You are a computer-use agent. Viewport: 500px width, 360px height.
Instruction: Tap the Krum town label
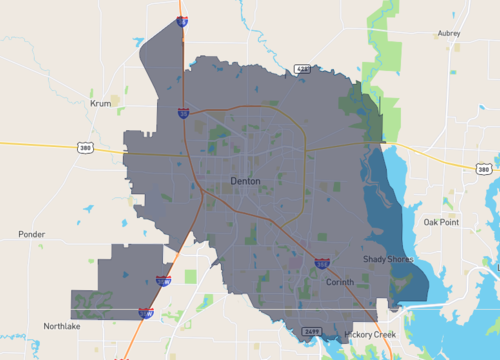click(x=100, y=103)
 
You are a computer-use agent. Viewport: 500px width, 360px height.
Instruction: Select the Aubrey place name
click(x=449, y=33)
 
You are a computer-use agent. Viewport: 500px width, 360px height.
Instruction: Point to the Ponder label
click(x=31, y=234)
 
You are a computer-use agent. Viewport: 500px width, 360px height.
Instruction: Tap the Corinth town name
click(x=340, y=282)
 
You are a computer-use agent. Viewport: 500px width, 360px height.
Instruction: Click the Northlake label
click(x=61, y=326)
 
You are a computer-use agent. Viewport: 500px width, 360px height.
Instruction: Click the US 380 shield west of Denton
click(x=85, y=147)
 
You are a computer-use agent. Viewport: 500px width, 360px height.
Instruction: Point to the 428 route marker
click(x=302, y=69)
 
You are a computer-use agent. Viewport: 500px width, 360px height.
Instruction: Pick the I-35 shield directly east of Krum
click(x=183, y=114)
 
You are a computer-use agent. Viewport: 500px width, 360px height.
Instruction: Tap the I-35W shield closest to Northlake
click(x=146, y=313)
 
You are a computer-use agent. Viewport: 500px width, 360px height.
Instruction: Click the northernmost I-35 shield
click(x=182, y=19)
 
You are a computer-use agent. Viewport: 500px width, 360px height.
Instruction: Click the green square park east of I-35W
click(x=191, y=276)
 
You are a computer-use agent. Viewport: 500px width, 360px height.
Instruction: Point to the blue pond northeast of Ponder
click(x=88, y=208)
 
